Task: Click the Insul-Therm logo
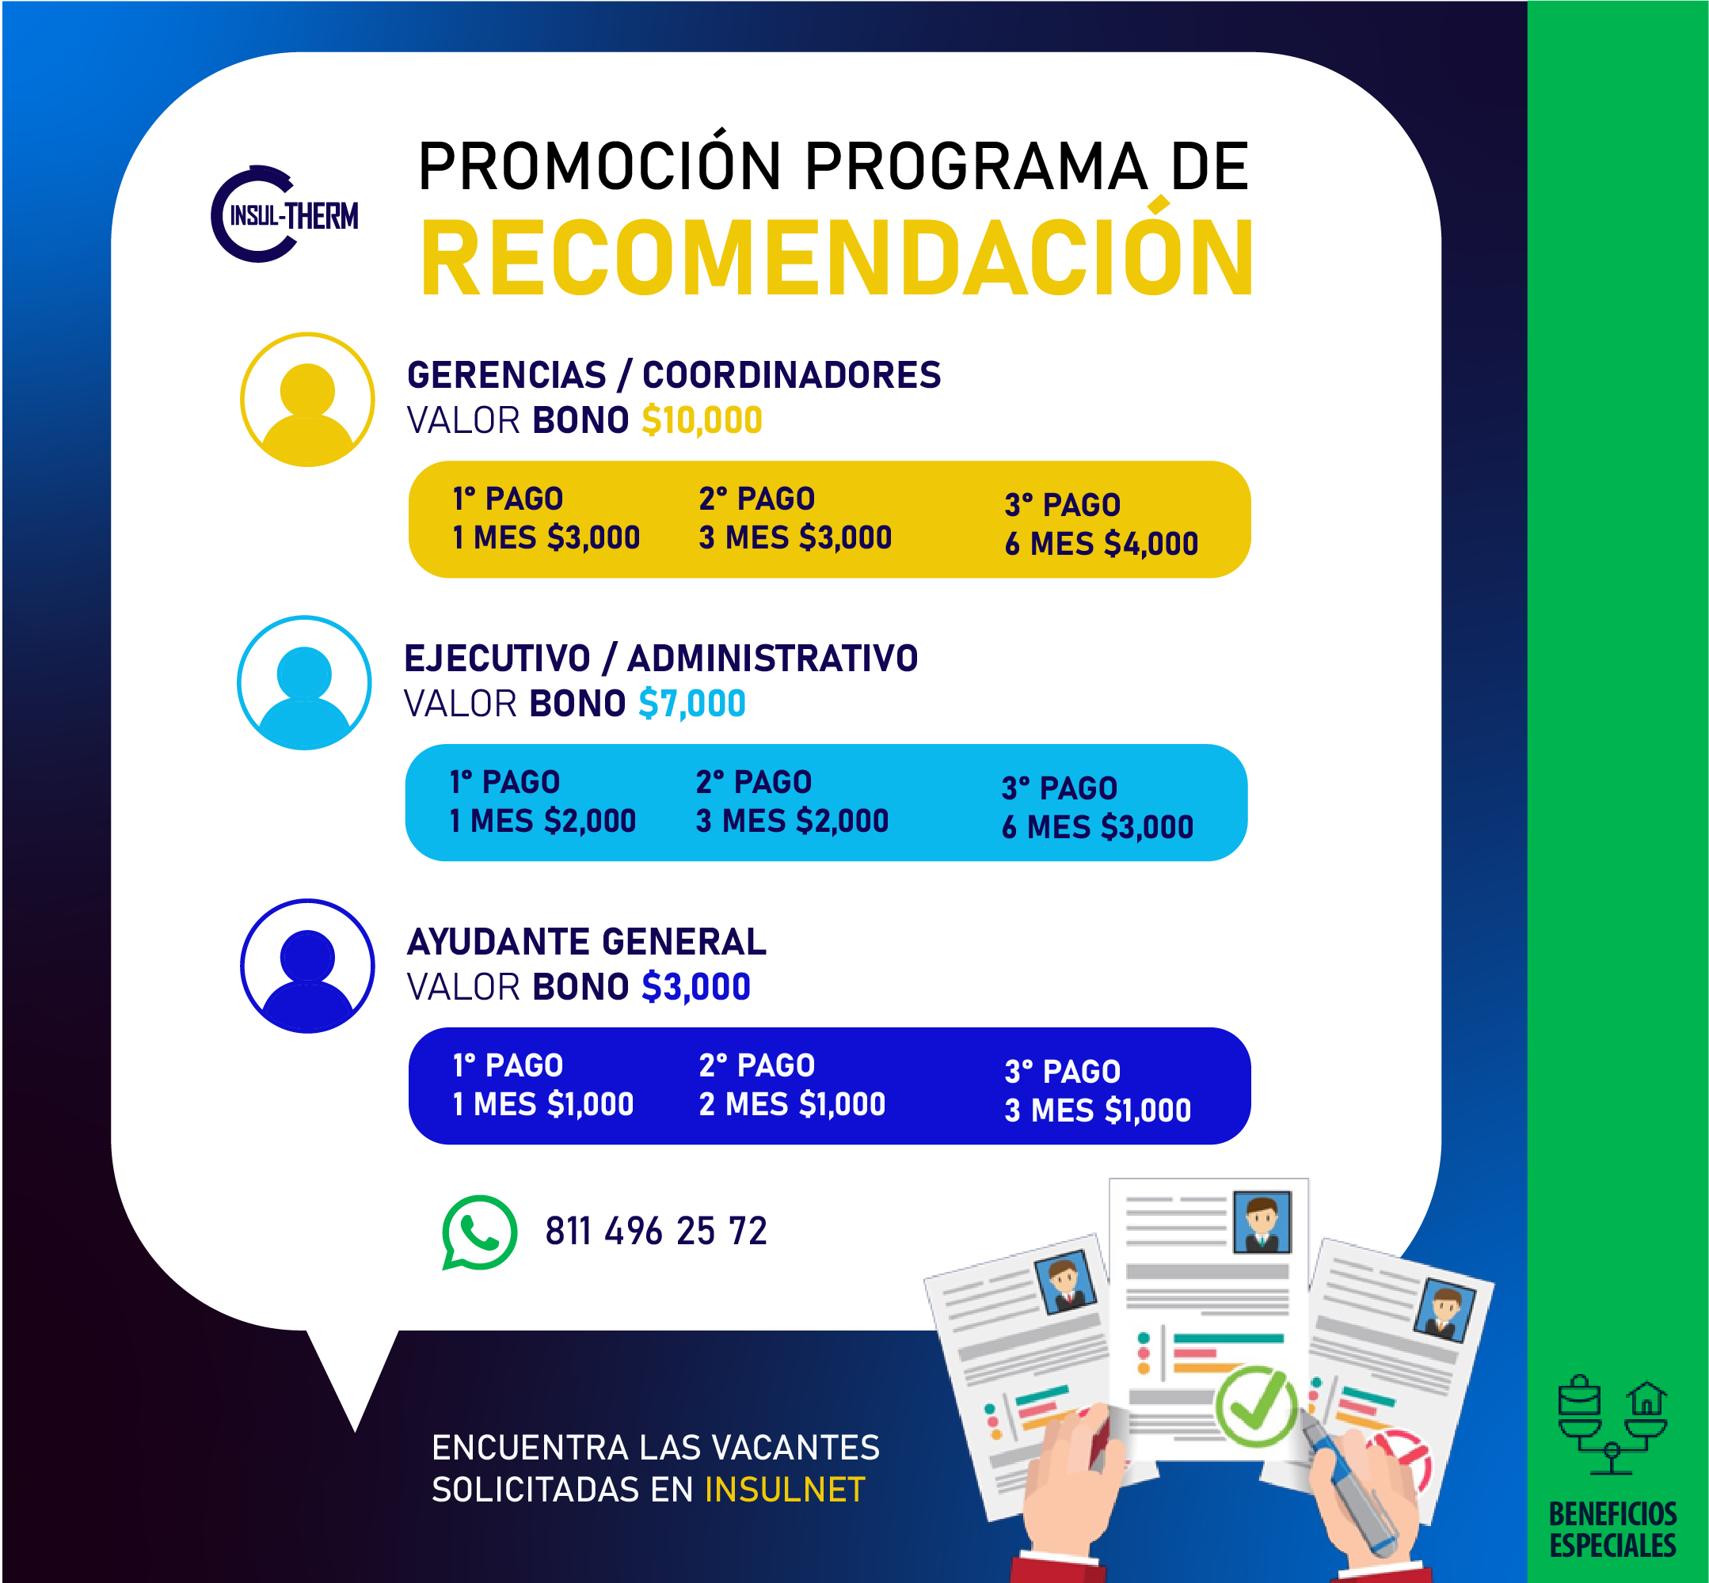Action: click(x=284, y=214)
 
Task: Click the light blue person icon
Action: click(x=304, y=683)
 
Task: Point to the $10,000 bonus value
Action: click(x=702, y=420)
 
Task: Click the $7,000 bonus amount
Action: click(x=691, y=704)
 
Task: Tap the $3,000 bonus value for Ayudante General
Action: click(x=696, y=987)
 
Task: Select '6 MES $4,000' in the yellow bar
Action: click(x=1102, y=544)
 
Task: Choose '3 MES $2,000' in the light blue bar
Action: click(x=792, y=821)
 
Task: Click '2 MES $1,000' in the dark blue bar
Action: click(x=792, y=1104)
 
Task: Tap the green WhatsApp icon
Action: click(x=479, y=1232)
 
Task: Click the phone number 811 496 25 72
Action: click(x=656, y=1231)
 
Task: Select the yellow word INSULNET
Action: click(x=785, y=1490)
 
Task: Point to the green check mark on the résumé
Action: click(x=1257, y=1406)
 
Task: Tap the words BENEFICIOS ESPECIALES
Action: click(x=1613, y=1530)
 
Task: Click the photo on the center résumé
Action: click(x=1262, y=1221)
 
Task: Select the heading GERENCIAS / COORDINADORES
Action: click(x=674, y=375)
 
